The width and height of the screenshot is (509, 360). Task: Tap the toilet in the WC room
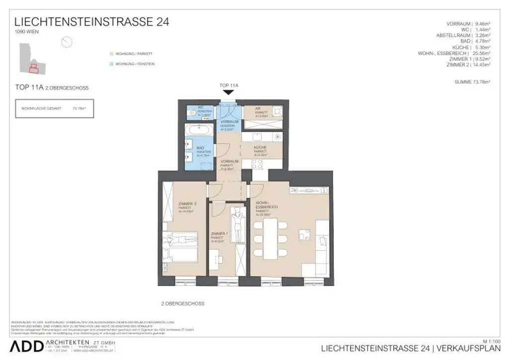(x=192, y=113)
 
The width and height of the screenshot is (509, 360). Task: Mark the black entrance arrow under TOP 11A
(x=228, y=92)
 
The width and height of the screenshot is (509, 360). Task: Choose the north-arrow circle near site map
(x=67, y=42)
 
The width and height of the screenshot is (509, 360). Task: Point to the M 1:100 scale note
(x=492, y=341)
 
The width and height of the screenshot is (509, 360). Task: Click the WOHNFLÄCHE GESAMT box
(x=54, y=108)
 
